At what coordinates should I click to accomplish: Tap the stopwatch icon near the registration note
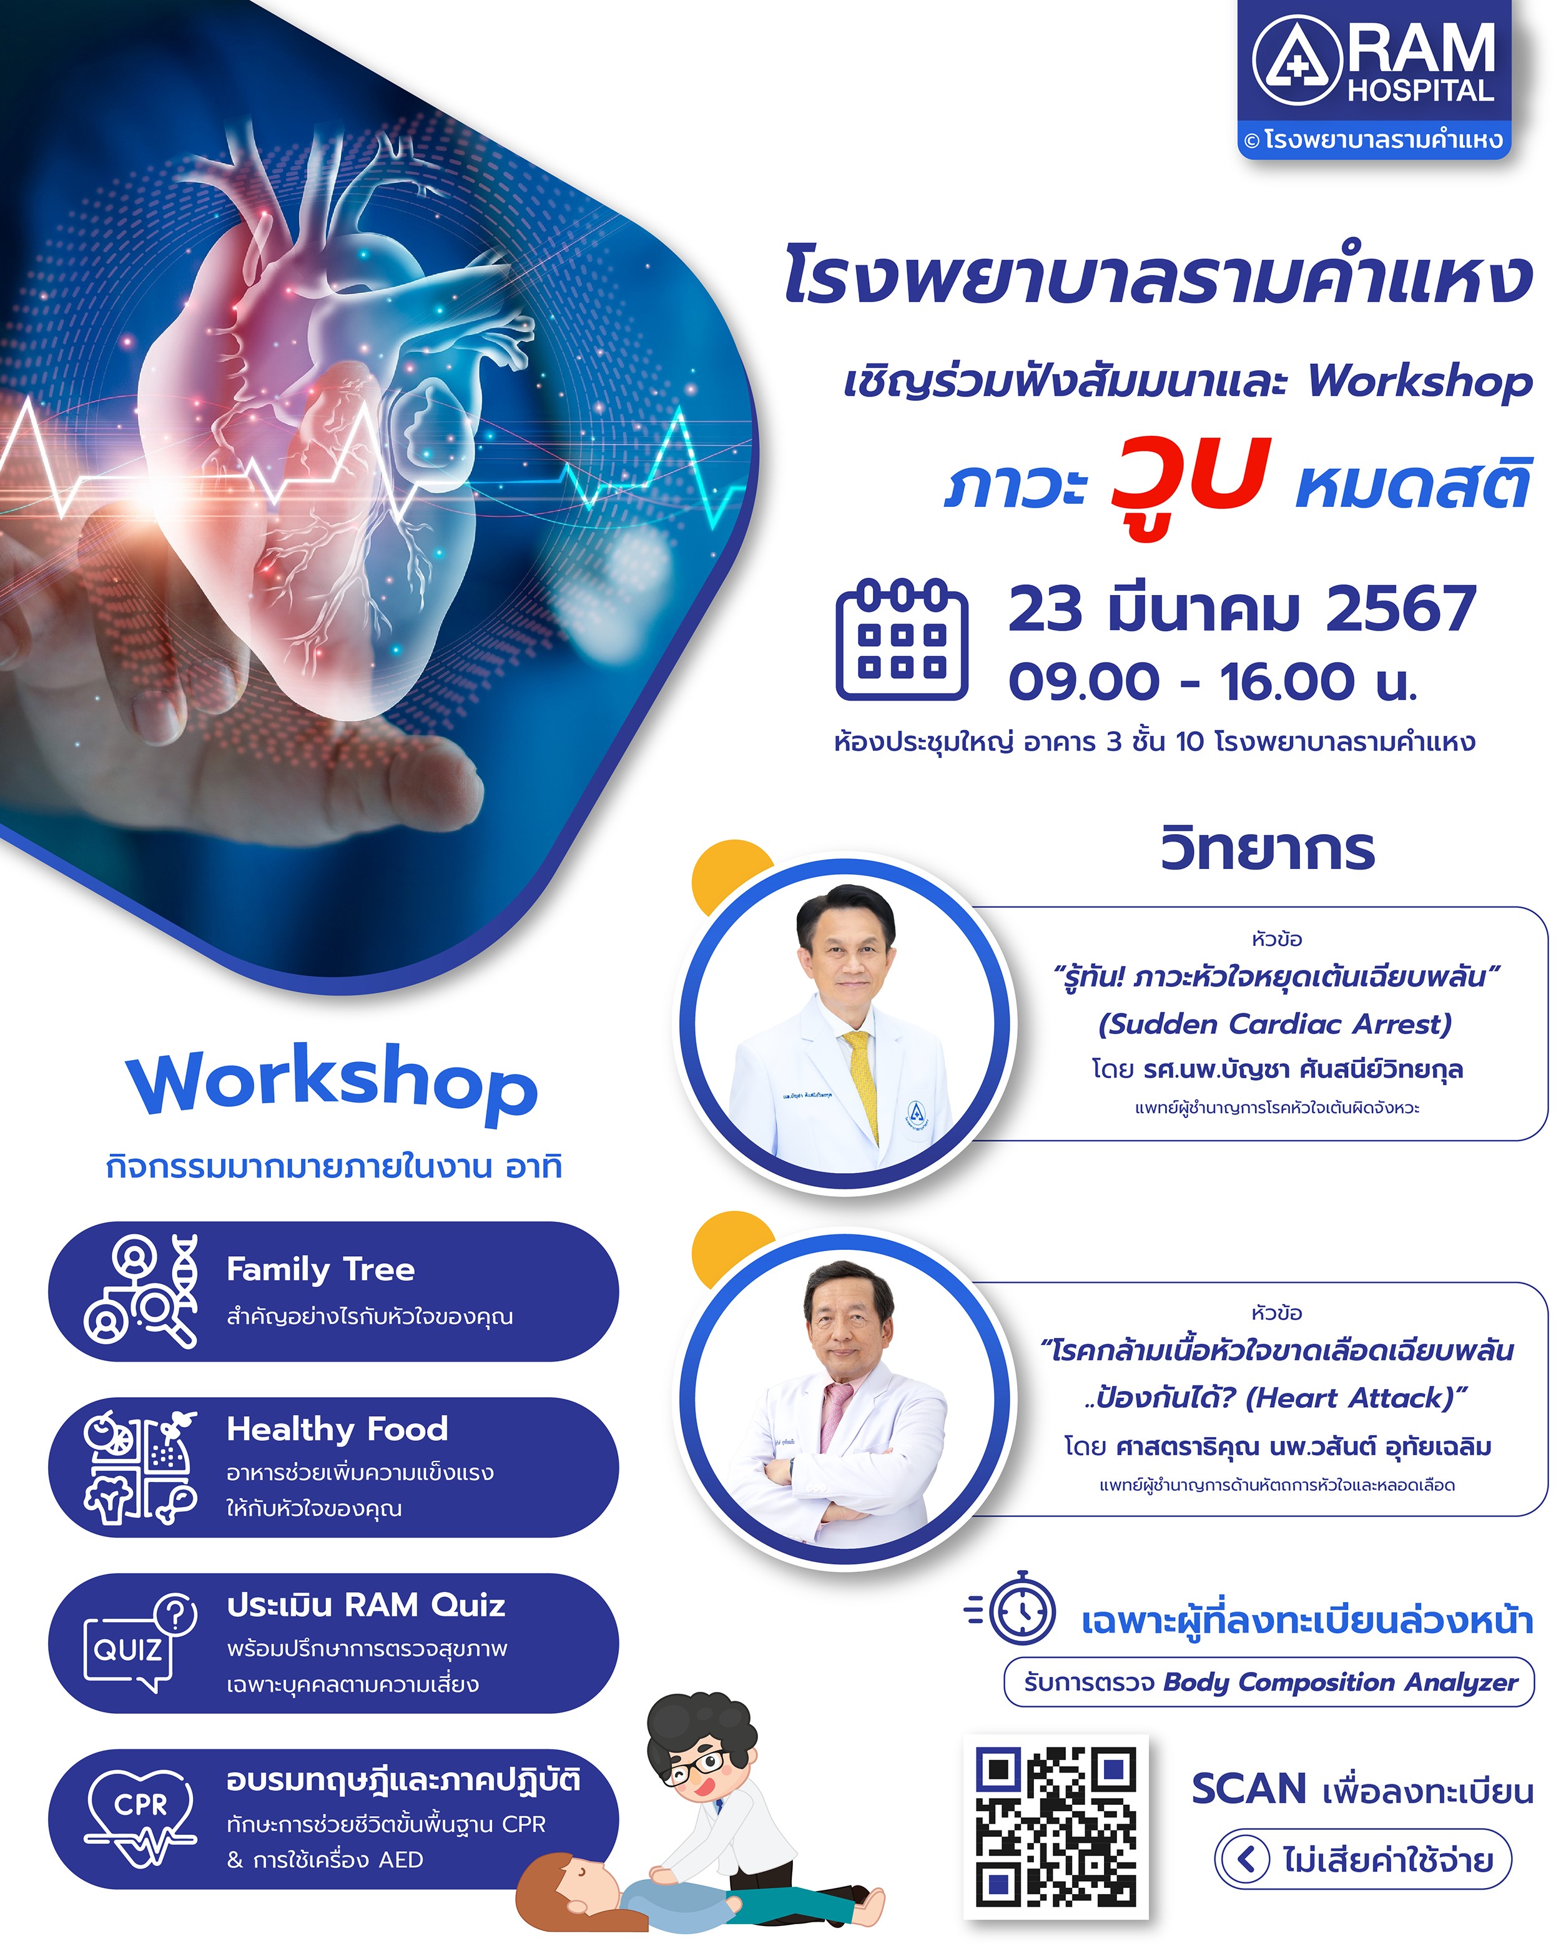[1012, 1607]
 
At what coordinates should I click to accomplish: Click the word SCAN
[1249, 1790]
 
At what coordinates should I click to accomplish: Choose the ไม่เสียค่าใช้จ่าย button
[1363, 1860]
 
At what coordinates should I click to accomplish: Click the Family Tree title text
[320, 1269]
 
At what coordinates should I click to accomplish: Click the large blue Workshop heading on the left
[332, 1084]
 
